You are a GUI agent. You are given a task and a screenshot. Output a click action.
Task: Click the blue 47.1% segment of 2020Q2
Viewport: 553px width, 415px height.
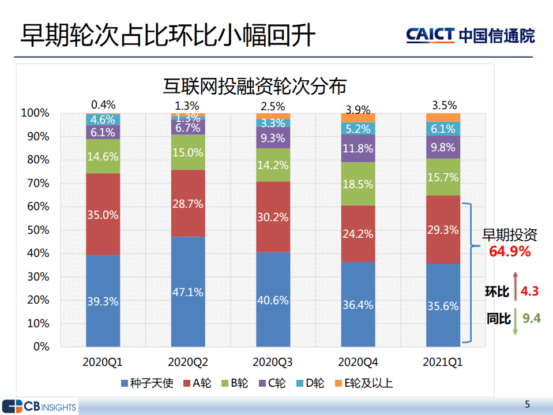[x=188, y=291]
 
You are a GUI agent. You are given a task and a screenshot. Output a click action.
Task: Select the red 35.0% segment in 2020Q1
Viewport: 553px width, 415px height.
[x=103, y=214]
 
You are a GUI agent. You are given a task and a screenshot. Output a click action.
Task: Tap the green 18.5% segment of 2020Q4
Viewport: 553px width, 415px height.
[x=358, y=184]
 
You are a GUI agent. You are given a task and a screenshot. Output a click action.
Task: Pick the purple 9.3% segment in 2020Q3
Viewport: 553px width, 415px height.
[x=273, y=138]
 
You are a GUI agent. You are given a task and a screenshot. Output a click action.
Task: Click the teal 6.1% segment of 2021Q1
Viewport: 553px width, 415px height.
[x=443, y=129]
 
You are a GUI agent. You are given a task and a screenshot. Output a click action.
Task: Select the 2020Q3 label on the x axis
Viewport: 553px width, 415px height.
[x=273, y=362]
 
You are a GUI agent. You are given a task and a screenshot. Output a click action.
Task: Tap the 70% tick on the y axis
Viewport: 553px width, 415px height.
[x=37, y=184]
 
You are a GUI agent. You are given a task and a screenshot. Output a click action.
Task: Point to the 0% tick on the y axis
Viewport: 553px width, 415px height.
[x=41, y=347]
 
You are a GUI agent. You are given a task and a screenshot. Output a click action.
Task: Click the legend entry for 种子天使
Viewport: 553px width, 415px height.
[x=146, y=383]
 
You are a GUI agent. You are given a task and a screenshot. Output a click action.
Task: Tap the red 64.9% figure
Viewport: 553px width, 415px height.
[x=510, y=251]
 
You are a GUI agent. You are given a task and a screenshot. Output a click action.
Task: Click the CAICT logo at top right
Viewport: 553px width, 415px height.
[x=470, y=35]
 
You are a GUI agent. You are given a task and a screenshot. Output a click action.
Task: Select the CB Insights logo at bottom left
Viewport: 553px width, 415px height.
[x=39, y=406]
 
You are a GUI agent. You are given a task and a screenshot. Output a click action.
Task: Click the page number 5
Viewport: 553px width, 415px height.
[x=527, y=404]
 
